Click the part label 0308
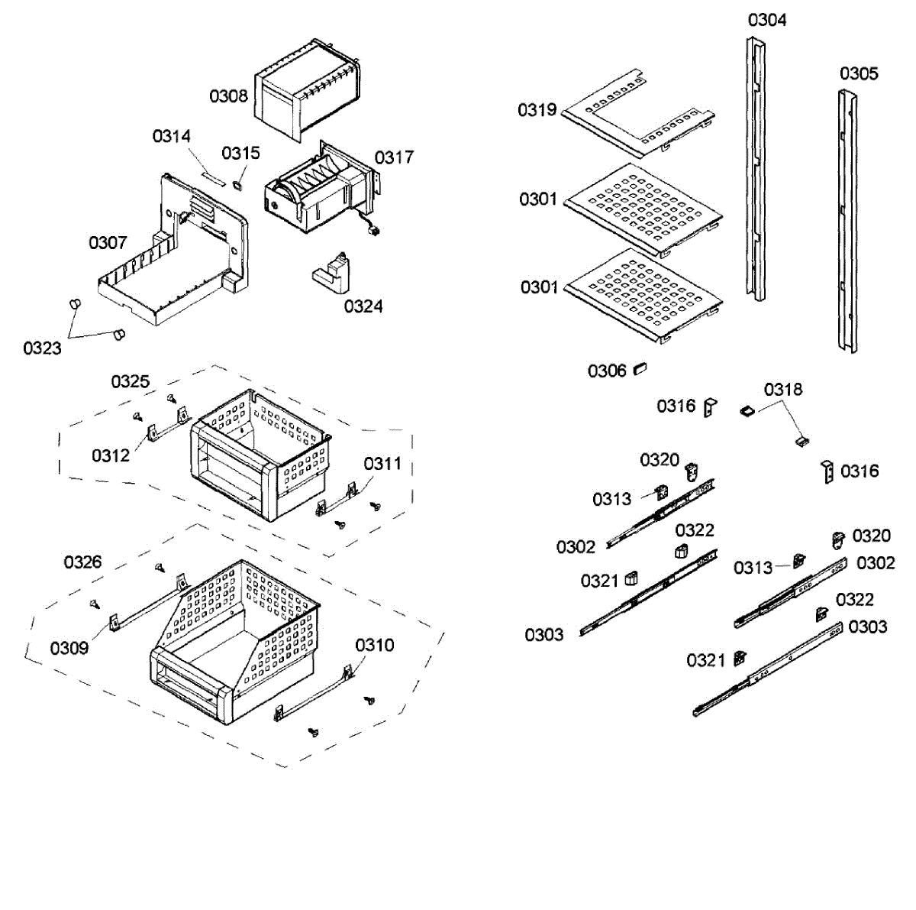(x=228, y=96)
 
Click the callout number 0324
(x=363, y=306)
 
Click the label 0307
(x=108, y=243)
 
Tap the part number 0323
(x=42, y=348)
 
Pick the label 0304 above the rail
(x=767, y=20)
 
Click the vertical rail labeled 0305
(x=847, y=222)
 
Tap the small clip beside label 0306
(x=640, y=370)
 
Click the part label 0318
(x=783, y=390)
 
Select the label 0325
(x=131, y=381)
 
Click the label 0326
(x=82, y=562)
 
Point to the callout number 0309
(x=69, y=649)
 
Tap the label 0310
(x=375, y=646)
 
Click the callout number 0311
(x=382, y=464)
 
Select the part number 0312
(x=111, y=456)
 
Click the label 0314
(x=172, y=137)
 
